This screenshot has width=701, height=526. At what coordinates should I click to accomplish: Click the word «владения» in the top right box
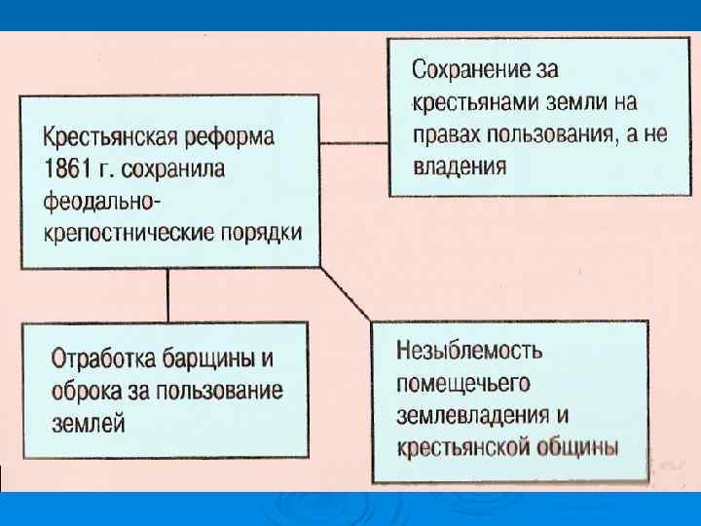[459, 165]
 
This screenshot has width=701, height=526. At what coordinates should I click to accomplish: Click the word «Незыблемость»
[470, 350]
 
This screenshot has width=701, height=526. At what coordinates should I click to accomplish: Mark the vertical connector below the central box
[167, 294]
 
